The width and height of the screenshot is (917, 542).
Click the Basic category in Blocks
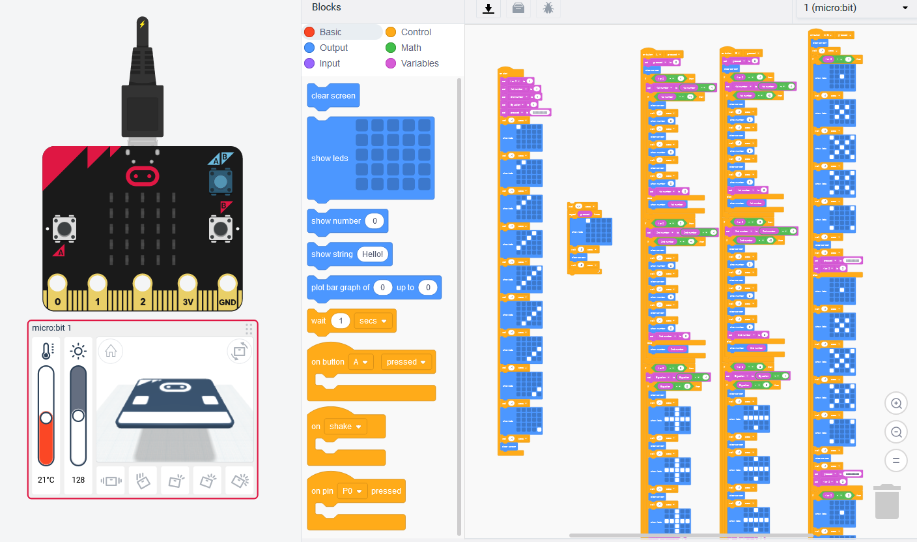[330, 32]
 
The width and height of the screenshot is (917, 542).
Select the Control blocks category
[416, 32]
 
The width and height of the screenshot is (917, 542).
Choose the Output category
[333, 48]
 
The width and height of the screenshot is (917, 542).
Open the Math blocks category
[410, 48]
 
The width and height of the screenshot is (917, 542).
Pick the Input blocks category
[330, 63]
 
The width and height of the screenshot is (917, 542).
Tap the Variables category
[419, 63]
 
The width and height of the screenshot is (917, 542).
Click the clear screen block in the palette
[333, 96]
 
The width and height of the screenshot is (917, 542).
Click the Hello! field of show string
[373, 254]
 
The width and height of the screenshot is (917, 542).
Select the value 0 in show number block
[374, 221]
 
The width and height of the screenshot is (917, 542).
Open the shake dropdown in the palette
[345, 427]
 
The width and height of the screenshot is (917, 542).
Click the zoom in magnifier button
[896, 404]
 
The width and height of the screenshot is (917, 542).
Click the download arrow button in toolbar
[488, 8]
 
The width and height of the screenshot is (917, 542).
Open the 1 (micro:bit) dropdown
[856, 8]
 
